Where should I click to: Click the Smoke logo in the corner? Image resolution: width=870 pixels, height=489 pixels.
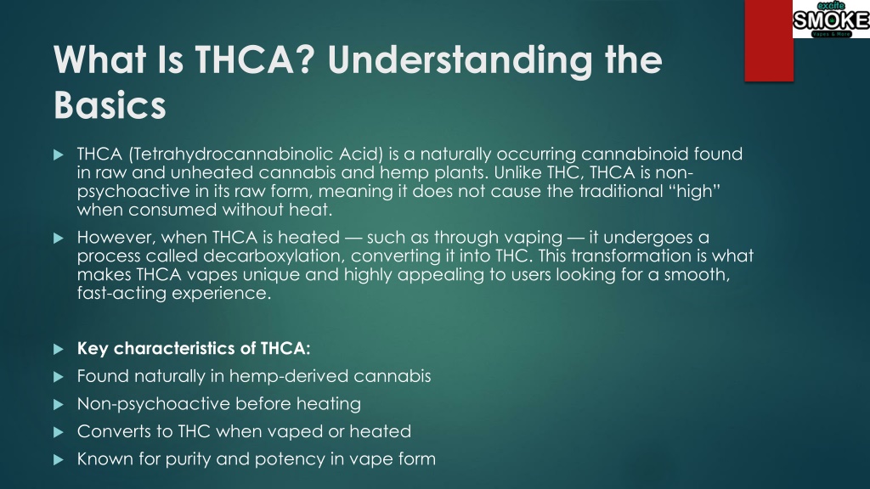pyautogui.click(x=831, y=19)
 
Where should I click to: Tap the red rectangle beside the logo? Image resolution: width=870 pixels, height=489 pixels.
pyautogui.click(x=768, y=41)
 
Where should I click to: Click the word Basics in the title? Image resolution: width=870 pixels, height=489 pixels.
pyautogui.click(x=110, y=104)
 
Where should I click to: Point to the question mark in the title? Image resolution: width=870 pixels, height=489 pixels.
pyautogui.click(x=305, y=59)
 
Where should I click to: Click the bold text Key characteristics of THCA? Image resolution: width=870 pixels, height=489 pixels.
pyautogui.click(x=194, y=348)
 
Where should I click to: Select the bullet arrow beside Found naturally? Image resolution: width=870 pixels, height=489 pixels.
pyautogui.click(x=59, y=377)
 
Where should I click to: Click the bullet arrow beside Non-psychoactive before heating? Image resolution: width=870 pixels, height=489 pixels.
pyautogui.click(x=59, y=405)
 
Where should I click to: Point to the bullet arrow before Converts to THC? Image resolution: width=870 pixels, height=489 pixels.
pyautogui.click(x=59, y=432)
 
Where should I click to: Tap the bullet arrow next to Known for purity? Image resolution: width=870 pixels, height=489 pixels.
pyautogui.click(x=59, y=460)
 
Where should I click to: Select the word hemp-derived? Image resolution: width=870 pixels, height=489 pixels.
pyautogui.click(x=289, y=376)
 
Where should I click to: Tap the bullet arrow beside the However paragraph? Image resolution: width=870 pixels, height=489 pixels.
pyautogui.click(x=59, y=239)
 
